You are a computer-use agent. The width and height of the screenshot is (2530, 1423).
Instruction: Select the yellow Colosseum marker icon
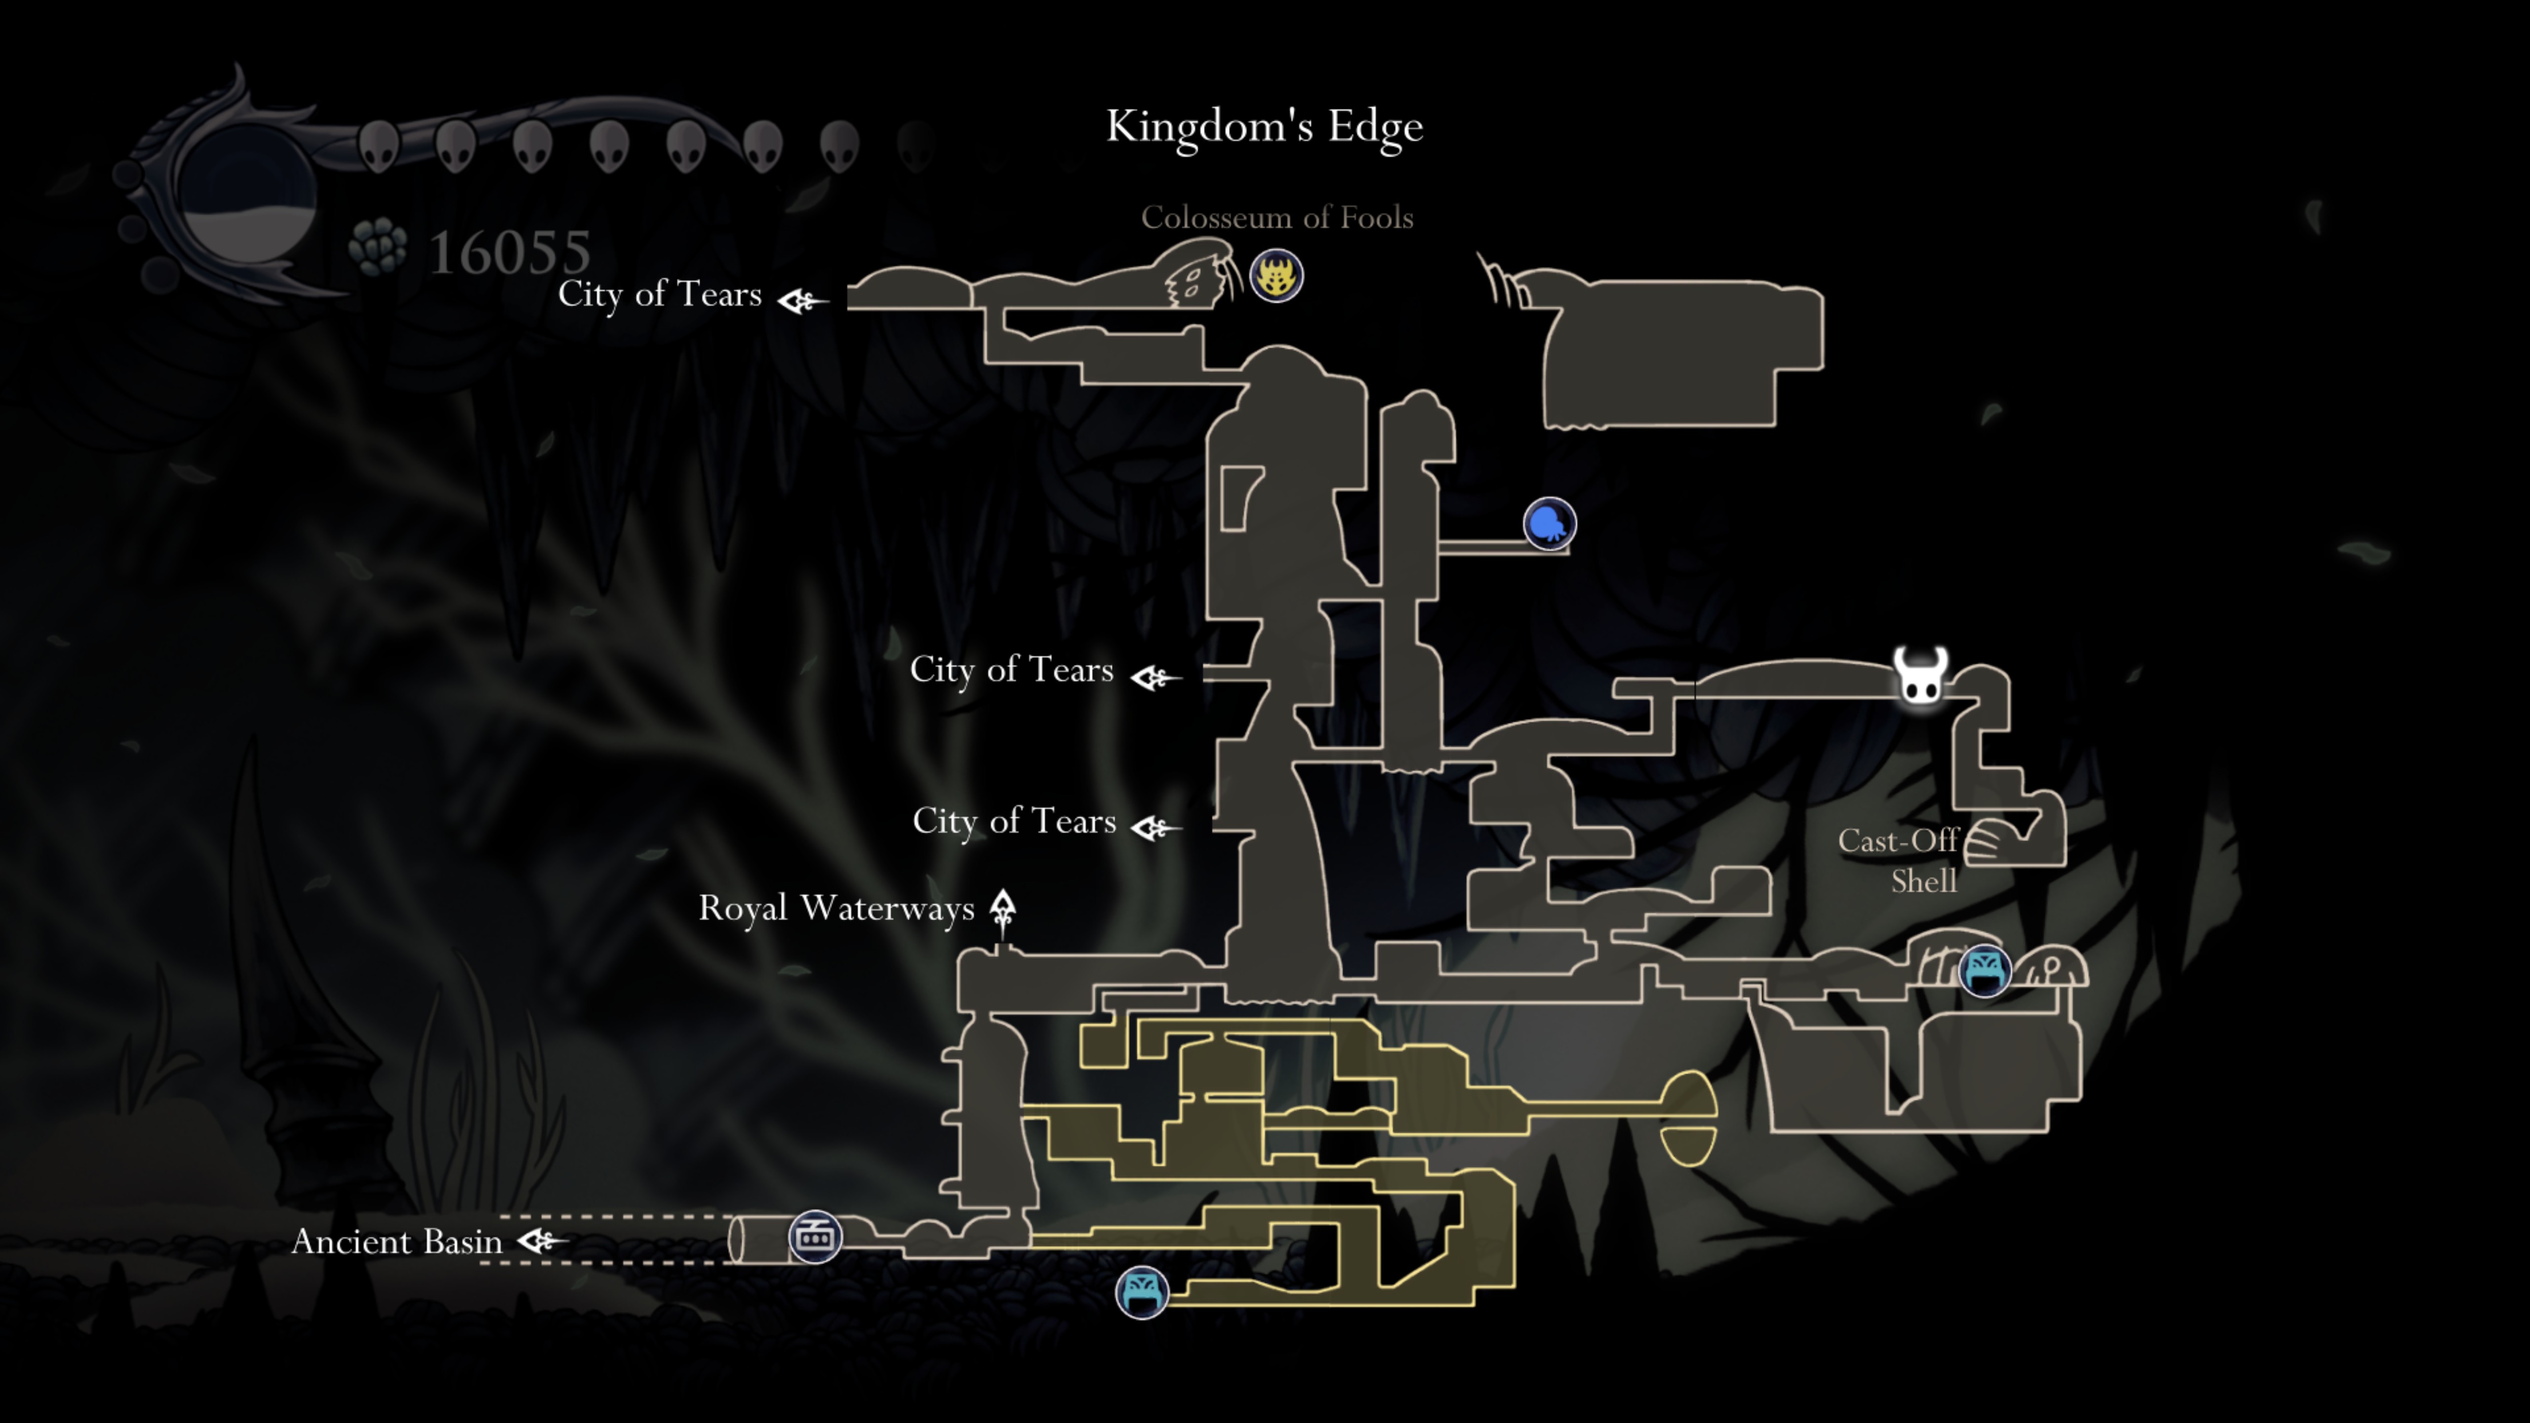click(1276, 276)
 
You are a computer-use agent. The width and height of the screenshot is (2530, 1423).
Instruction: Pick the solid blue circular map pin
click(1549, 523)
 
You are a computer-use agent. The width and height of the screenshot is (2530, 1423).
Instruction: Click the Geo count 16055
click(510, 252)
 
